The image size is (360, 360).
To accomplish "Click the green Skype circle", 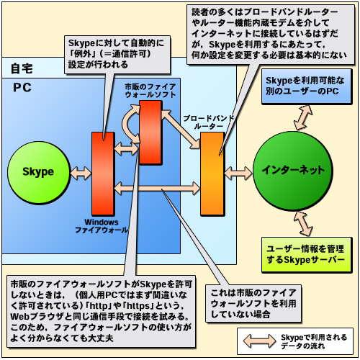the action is click(39, 173).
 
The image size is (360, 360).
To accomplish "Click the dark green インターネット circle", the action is click(293, 171).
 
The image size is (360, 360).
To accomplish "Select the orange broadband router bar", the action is click(212, 174).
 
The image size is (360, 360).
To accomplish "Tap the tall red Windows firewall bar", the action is click(103, 174).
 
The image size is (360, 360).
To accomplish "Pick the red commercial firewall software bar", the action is click(150, 132).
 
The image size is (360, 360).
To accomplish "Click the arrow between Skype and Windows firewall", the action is click(81, 173).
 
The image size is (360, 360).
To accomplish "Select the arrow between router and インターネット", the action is click(238, 173).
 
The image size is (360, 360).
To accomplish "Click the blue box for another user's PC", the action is click(307, 86).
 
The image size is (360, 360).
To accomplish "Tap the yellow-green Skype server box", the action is click(307, 255).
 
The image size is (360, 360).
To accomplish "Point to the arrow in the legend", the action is click(259, 341).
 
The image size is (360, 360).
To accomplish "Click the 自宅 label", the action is click(22, 68).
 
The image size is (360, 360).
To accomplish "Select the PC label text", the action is click(22, 88).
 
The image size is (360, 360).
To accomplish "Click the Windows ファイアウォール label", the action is click(102, 226).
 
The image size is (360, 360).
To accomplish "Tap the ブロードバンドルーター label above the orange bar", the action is click(208, 122).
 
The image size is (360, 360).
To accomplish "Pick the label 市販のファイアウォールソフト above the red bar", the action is click(150, 91).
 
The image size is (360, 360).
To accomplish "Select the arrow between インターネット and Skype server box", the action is click(303, 224).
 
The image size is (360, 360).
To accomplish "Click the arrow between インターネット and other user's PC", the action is click(303, 118).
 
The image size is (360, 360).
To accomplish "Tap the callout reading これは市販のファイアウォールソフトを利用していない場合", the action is click(253, 303).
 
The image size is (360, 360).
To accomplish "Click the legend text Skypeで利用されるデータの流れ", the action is click(314, 341).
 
